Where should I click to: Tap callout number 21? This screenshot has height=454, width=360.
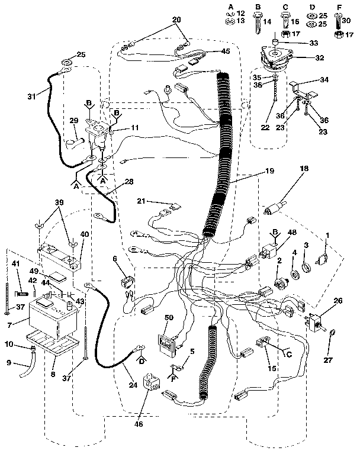coord(142,202)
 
